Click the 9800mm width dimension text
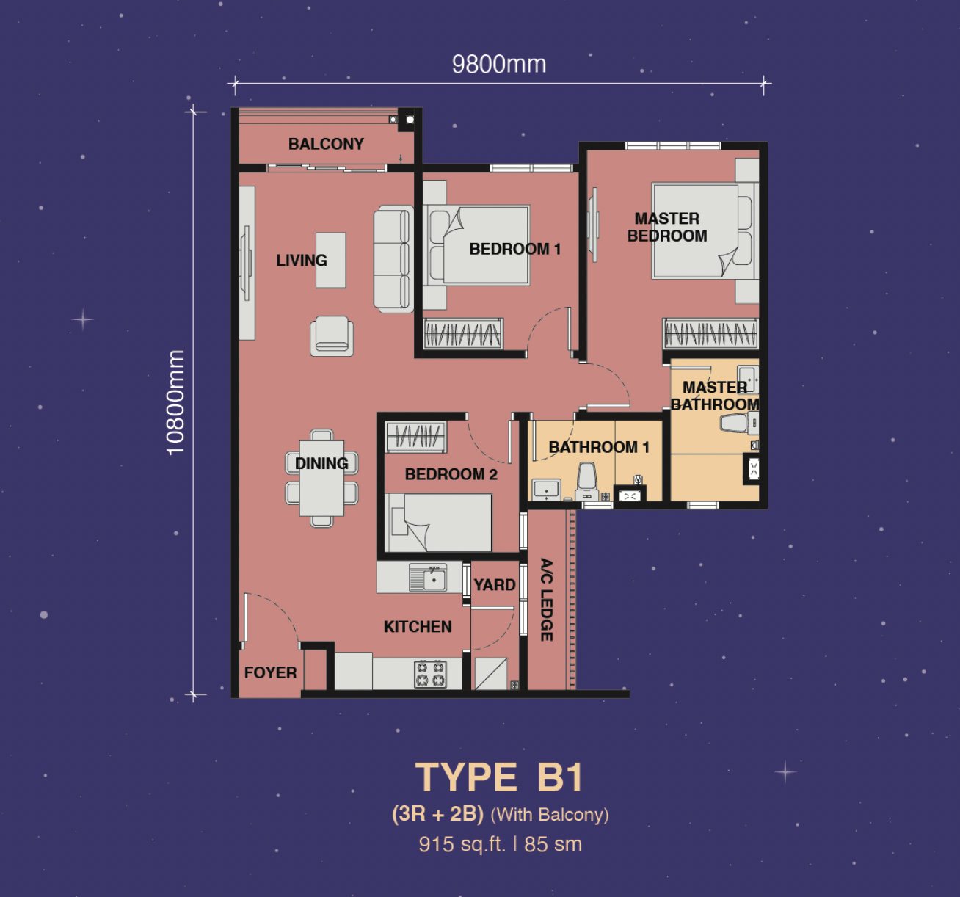(499, 65)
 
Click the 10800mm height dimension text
(175, 402)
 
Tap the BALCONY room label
(326, 144)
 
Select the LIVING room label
(301, 261)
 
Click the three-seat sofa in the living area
(393, 260)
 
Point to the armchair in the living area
(332, 337)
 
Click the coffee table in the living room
(331, 260)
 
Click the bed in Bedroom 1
(485, 245)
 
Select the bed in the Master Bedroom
(696, 231)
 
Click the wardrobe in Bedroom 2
(415, 436)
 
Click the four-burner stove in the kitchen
(430, 674)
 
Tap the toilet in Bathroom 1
(587, 477)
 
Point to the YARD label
(494, 585)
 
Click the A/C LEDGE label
(547, 600)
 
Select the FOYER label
(270, 672)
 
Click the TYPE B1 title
(500, 777)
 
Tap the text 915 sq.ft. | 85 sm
(500, 844)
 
